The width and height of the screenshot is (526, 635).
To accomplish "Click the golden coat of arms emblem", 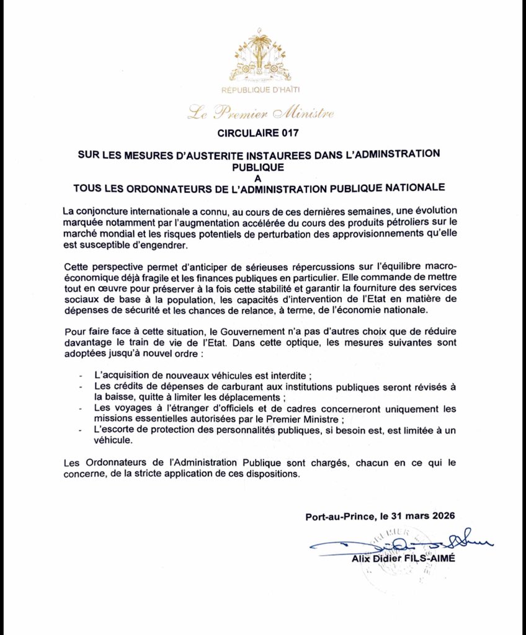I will [x=261, y=57].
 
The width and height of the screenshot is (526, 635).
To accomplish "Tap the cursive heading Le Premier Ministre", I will [x=261, y=113].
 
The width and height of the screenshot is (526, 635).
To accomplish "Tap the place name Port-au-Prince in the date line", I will [x=339, y=516].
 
